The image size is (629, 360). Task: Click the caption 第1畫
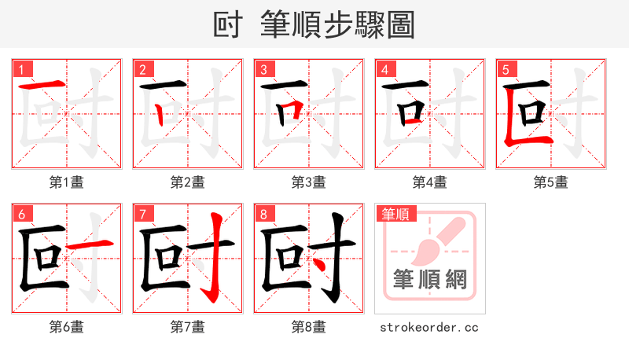pos(67,182)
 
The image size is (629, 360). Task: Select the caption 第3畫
pos(309,182)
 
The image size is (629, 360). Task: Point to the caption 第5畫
pos(551,182)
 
